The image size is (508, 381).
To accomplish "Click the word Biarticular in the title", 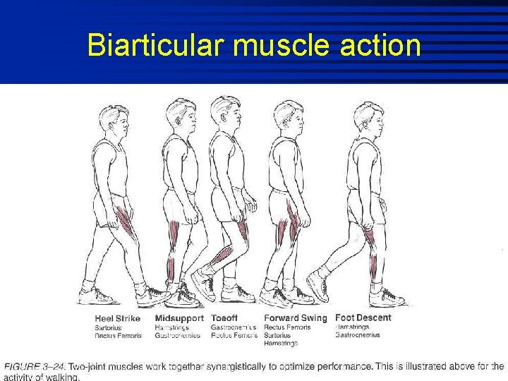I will (x=156, y=46).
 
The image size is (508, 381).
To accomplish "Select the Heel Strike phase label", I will (x=118, y=318).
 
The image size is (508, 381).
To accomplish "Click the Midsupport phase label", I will (x=179, y=318).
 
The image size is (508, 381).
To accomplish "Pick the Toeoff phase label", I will (x=224, y=318).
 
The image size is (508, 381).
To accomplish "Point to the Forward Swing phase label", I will (x=296, y=318).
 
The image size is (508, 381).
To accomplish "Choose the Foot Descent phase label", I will (x=363, y=318).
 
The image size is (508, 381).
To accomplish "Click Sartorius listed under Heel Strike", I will (x=109, y=327).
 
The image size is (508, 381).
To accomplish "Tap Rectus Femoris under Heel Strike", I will (x=119, y=335).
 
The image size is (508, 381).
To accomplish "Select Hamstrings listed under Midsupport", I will (x=171, y=327).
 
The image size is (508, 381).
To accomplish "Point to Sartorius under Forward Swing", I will (x=277, y=335).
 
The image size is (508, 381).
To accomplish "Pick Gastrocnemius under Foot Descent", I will (x=358, y=335).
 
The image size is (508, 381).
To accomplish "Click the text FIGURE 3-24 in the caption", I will (x=35, y=366).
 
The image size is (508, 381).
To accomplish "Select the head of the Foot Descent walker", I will (x=370, y=116).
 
